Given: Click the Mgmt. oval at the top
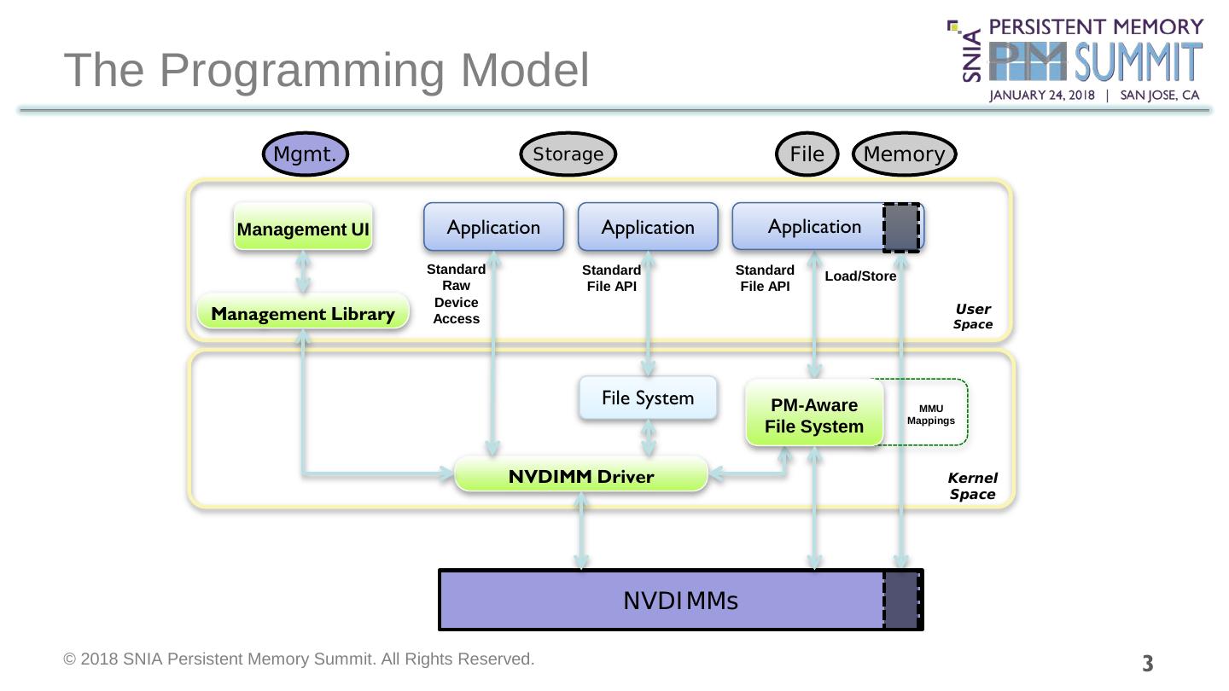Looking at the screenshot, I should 305,154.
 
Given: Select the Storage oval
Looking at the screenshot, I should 568,154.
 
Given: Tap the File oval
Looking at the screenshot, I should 807,154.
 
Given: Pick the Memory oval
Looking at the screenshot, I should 905,154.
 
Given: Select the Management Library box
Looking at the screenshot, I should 303,314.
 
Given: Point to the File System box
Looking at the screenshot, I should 648,398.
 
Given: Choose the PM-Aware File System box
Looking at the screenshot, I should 813,415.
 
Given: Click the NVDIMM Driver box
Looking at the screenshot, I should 581,476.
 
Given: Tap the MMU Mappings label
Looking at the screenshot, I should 924,415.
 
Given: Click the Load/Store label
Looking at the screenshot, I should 860,276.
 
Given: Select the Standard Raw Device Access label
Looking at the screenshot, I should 457,293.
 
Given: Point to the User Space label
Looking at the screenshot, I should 973,316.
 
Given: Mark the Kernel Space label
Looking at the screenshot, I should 972,485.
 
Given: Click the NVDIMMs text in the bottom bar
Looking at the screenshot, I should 680,601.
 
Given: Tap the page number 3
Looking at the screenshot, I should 1148,662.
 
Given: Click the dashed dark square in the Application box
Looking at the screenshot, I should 901,227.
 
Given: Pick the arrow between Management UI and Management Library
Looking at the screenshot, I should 303,271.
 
